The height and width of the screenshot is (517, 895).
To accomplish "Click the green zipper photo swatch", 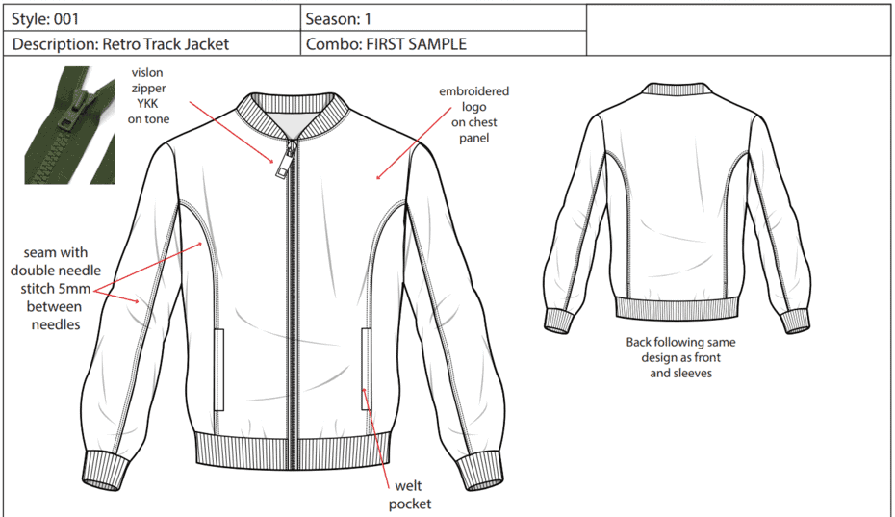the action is (x=69, y=125).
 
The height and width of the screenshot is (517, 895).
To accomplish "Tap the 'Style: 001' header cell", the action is (x=152, y=19).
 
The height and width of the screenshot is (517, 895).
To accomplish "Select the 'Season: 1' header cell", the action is (x=444, y=19).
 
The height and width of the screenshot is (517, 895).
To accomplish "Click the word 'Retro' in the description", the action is (x=121, y=44).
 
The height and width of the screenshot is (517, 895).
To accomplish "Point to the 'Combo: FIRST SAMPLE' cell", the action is (x=444, y=43).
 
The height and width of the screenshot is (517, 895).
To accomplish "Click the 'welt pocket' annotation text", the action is (x=410, y=495).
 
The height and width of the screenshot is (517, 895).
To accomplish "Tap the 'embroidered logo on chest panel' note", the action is (x=473, y=115).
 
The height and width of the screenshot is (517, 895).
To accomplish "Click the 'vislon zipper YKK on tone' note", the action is (x=148, y=95).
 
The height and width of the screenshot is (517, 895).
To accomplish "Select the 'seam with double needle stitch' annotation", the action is (x=56, y=289).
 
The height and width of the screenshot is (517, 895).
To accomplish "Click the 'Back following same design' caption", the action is (x=680, y=357).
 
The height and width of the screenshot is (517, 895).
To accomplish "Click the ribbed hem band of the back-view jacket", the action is (x=677, y=309).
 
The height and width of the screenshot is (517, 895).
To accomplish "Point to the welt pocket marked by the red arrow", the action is (x=366, y=369).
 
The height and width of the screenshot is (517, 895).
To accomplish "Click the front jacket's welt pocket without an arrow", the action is (x=219, y=369).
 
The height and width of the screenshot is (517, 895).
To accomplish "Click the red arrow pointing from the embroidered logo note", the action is (x=414, y=143).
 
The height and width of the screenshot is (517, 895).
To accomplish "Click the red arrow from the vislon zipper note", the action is (x=233, y=133).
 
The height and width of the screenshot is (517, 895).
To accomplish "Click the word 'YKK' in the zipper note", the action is (x=147, y=103).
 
